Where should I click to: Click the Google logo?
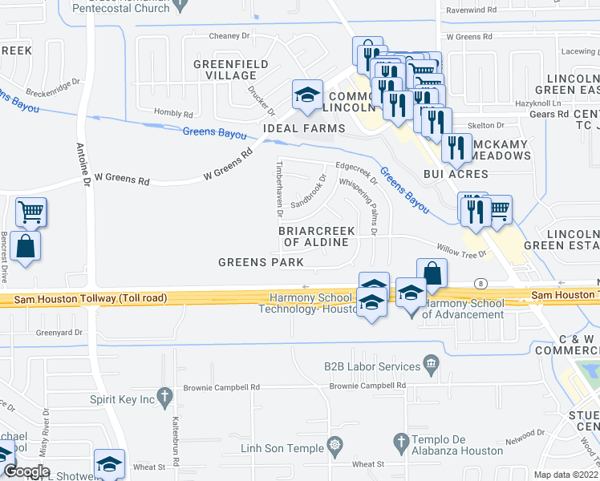coord(26,471)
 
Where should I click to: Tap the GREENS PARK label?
coord(261,262)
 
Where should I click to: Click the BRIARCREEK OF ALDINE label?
coord(316,236)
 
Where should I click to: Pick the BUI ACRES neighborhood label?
coord(456,174)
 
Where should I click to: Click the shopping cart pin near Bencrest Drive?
coord(31,212)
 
